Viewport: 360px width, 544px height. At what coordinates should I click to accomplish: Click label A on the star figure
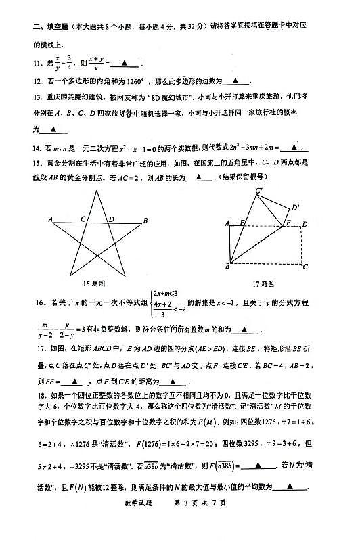(50, 220)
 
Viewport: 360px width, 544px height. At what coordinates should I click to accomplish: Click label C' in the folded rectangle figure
(259, 191)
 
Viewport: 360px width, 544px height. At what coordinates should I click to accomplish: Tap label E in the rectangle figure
(288, 223)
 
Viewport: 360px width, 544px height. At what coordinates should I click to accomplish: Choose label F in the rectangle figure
(242, 223)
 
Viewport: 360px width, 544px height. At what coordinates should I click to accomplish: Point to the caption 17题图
(271, 284)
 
